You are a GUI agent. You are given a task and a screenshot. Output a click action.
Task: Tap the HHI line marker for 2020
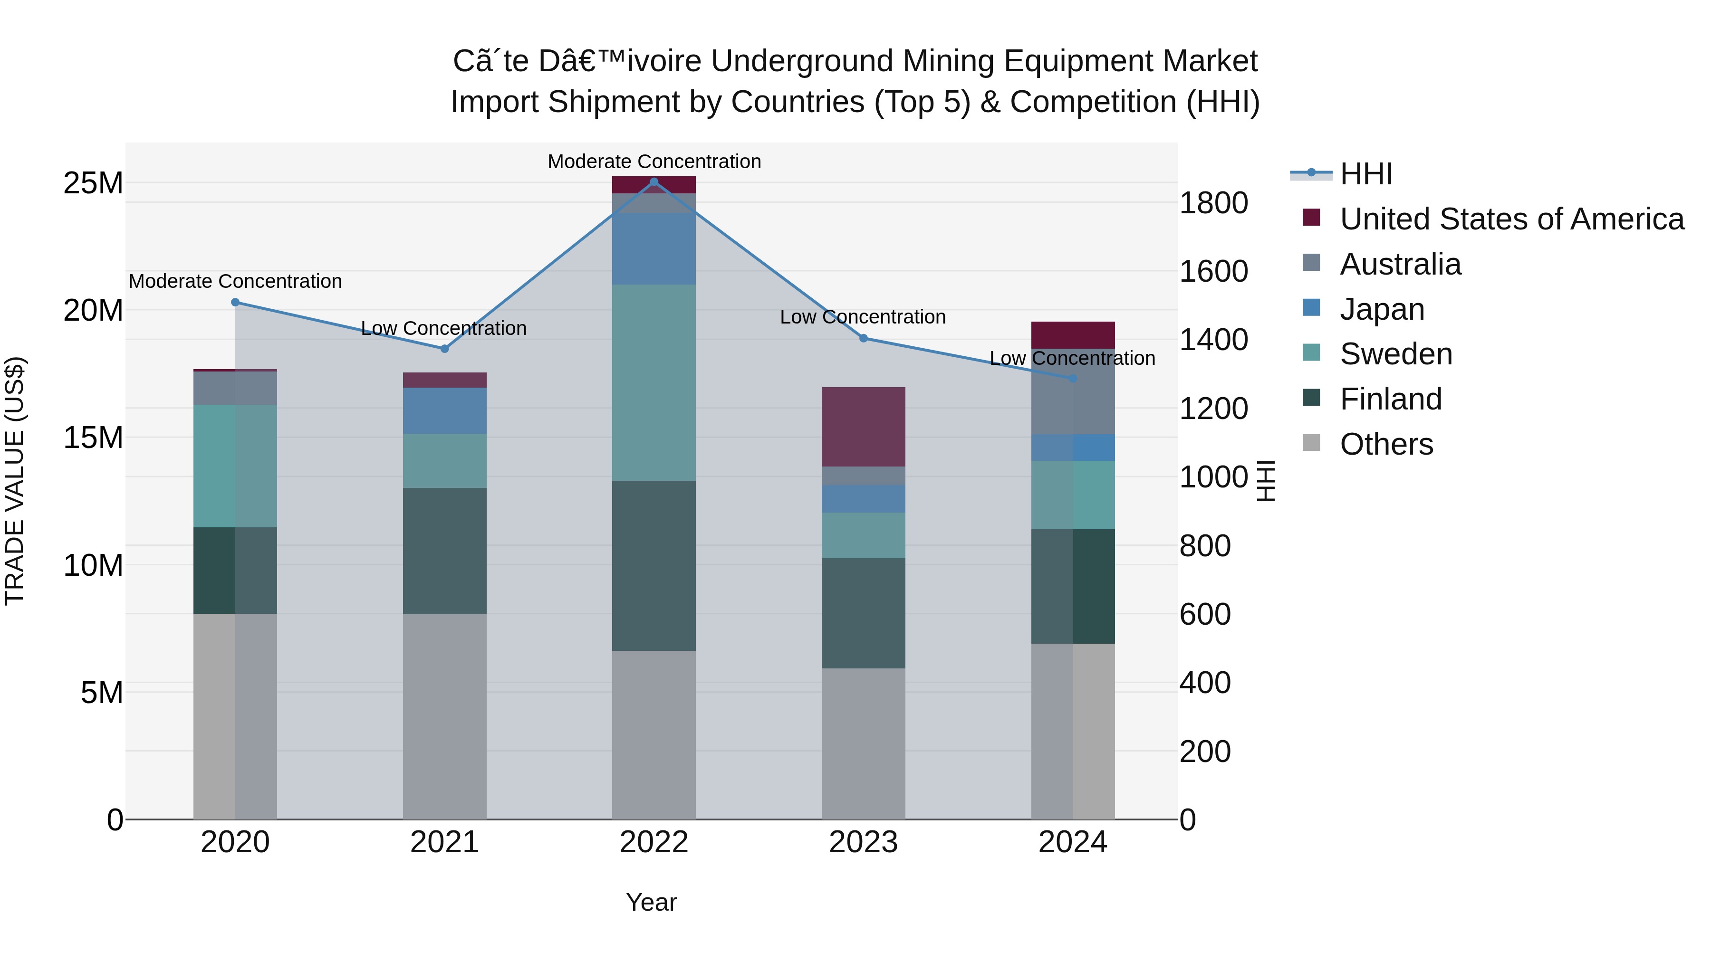[235, 302]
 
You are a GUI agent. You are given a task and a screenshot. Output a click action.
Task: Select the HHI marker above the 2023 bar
[864, 338]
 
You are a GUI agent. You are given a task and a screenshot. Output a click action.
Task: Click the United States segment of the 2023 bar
[864, 427]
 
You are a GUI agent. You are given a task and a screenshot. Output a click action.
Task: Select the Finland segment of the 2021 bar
[444, 551]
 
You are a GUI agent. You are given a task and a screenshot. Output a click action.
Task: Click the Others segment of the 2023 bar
[864, 743]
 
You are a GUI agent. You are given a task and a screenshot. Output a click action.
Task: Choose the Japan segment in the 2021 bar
[444, 410]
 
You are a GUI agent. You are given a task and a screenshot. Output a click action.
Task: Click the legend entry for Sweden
[1395, 354]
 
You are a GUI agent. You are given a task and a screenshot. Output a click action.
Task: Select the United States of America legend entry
[1511, 219]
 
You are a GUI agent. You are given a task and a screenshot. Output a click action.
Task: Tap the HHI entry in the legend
[1365, 174]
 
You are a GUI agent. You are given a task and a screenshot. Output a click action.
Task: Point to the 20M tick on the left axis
[93, 310]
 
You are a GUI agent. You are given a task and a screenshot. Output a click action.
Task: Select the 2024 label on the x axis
[1073, 842]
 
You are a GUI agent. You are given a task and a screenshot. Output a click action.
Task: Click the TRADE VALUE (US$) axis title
[15, 481]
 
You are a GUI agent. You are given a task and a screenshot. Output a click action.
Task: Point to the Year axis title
[651, 902]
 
